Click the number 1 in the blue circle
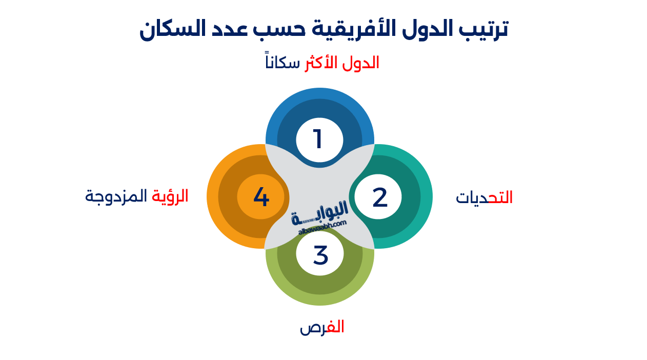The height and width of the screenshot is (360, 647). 318,139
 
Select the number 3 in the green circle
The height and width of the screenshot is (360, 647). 320,255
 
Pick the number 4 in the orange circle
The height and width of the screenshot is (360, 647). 261,197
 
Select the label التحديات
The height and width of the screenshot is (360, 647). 484,198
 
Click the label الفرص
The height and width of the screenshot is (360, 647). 321,327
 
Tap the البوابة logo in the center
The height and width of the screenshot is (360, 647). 320,213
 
